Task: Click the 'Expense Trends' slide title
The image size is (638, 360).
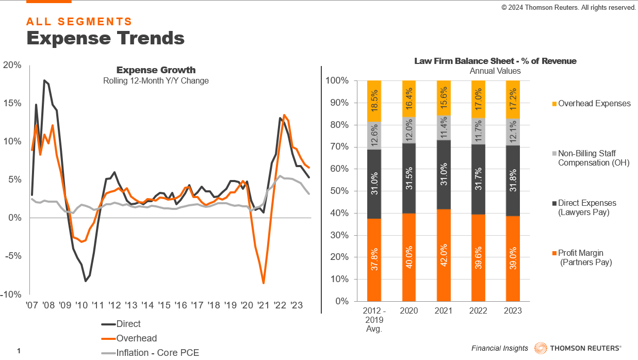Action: point(105,38)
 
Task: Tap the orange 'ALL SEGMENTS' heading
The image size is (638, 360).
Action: point(79,22)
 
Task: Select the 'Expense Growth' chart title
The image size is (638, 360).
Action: point(156,70)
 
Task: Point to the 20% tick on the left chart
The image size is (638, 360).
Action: point(12,65)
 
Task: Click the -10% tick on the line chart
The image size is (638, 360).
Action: point(11,294)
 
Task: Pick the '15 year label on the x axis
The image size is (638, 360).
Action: point(164,305)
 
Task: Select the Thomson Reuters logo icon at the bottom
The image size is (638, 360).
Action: point(541,348)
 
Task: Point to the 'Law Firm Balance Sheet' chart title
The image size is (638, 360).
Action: point(495,61)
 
